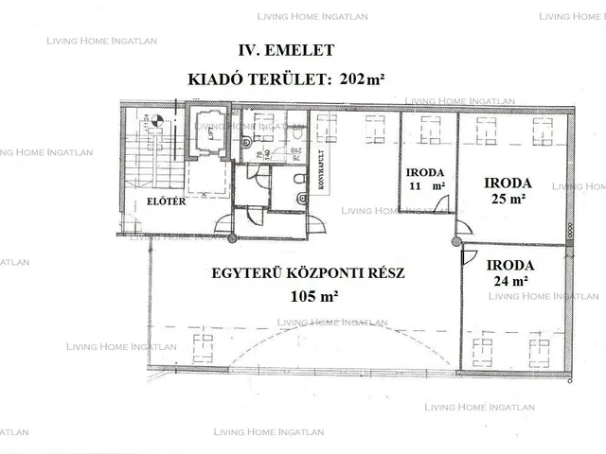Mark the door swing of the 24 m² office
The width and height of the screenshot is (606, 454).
click(468, 256)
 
